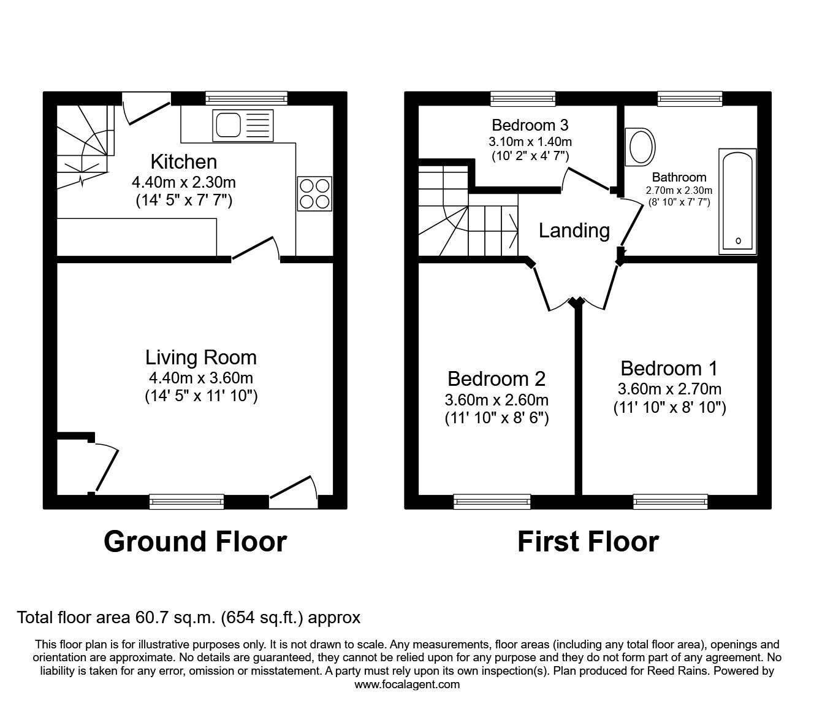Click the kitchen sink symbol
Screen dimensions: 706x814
243,125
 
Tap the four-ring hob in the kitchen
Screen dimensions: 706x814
315,193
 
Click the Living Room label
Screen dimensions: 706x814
201,358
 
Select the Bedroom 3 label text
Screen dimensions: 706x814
530,125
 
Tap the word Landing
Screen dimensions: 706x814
574,231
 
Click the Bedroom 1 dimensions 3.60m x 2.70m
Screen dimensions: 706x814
669,389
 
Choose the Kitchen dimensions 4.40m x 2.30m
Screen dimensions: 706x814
184,182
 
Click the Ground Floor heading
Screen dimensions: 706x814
195,542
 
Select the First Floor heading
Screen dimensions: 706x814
588,542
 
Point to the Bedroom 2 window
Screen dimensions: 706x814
492,501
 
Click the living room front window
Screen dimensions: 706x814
187,501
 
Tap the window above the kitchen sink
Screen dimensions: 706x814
246,98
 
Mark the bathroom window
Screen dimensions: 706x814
690,98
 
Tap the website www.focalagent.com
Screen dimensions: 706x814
407,685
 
